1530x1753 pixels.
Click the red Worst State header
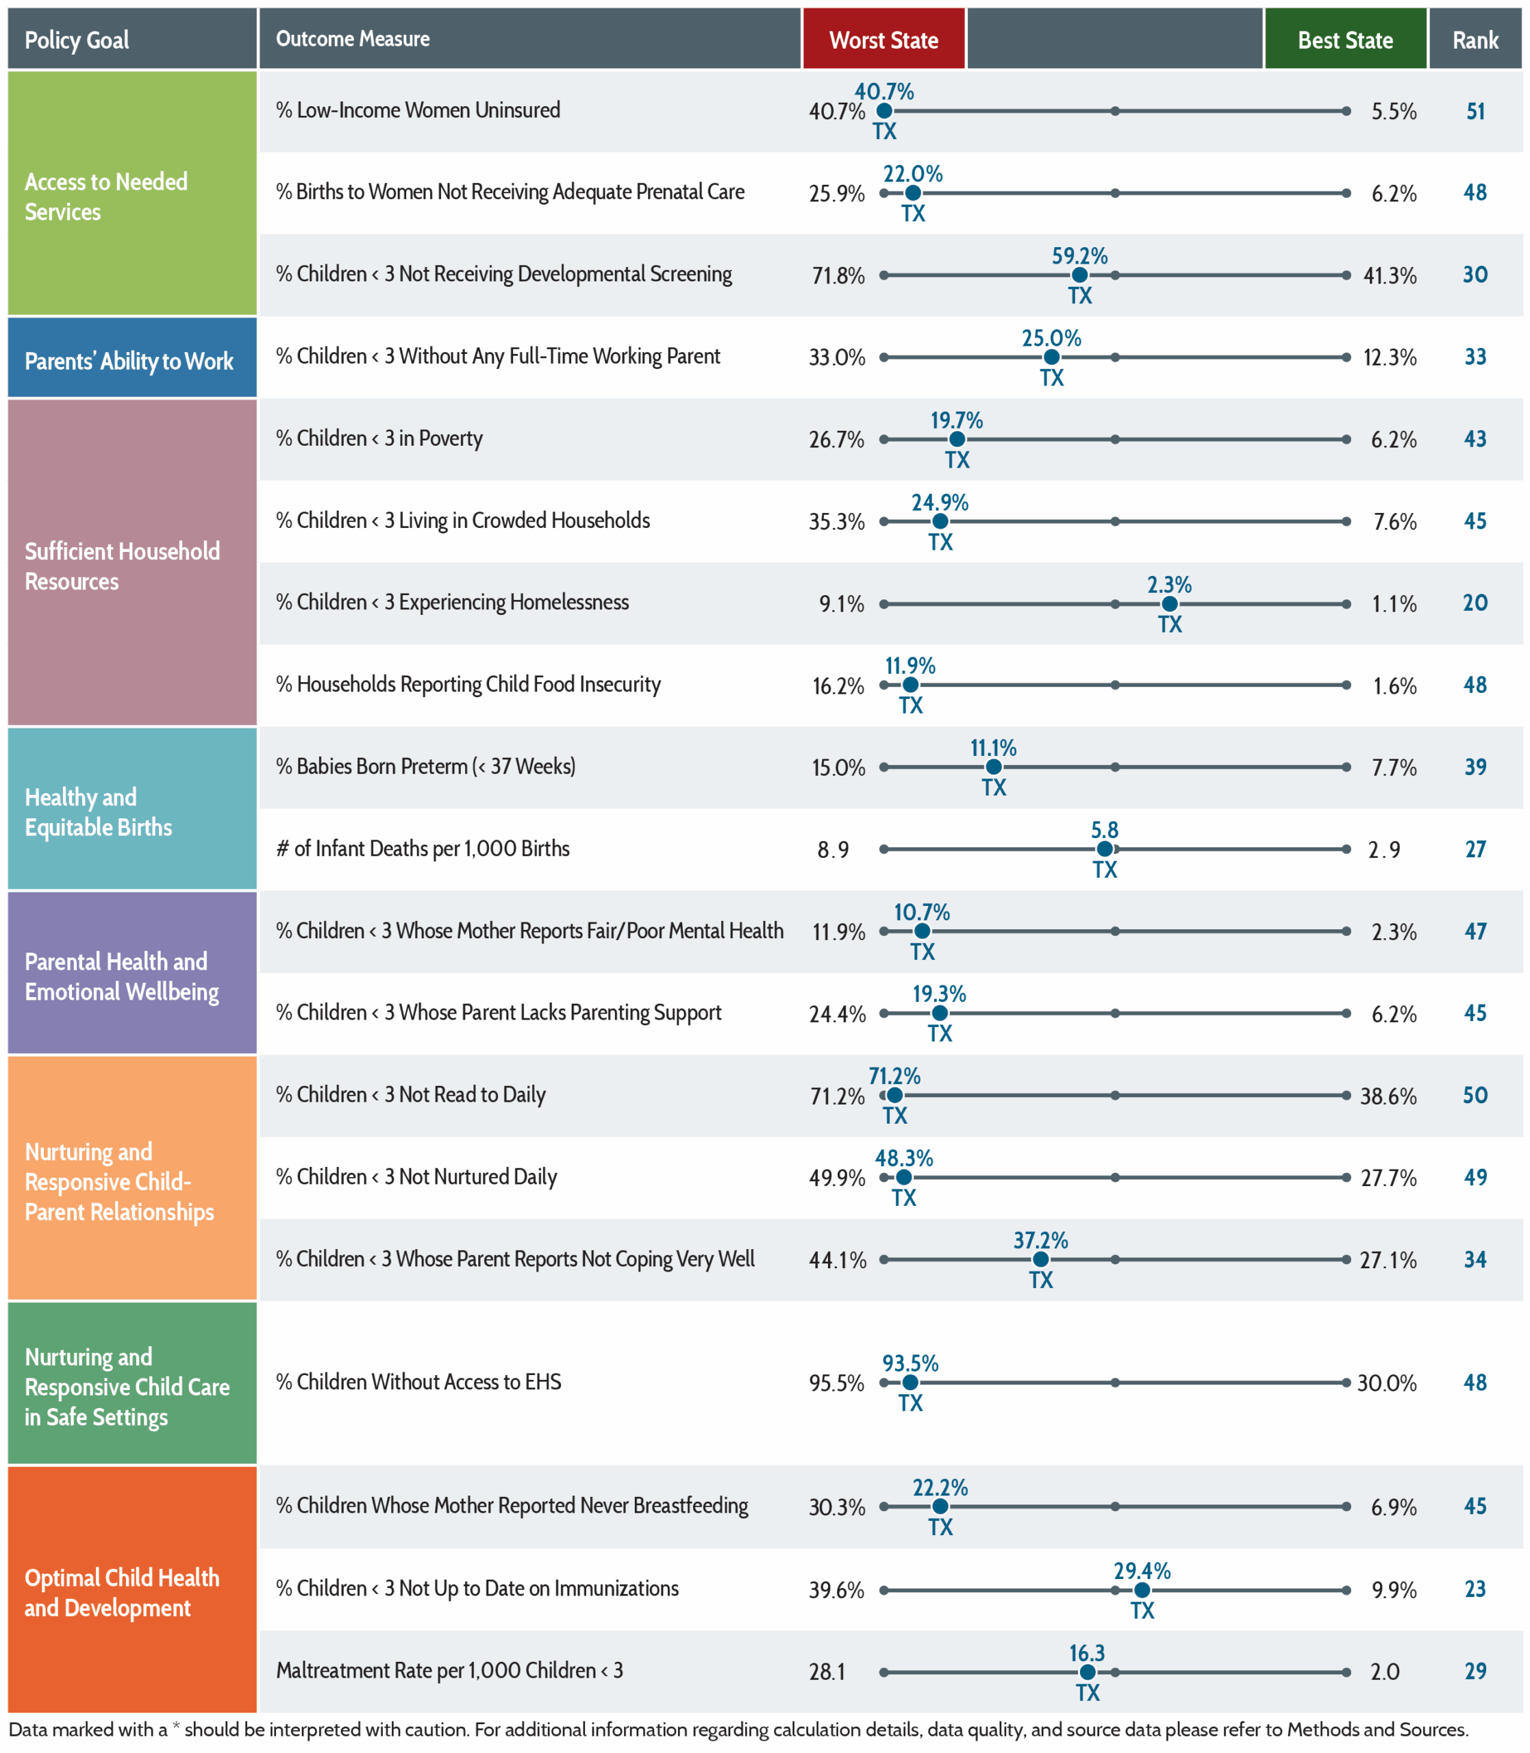[883, 39]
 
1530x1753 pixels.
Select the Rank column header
[1475, 39]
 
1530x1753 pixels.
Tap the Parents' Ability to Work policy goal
[129, 361]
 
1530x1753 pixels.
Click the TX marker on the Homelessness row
[1170, 603]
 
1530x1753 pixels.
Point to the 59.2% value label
[1079, 256]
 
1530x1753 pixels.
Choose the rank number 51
[1475, 111]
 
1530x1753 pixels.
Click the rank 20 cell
[1475, 603]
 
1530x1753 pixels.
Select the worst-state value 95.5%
[837, 1383]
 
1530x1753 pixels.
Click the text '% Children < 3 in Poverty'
[379, 439]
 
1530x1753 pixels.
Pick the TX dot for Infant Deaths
[1105, 849]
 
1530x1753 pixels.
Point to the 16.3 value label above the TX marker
[1087, 1653]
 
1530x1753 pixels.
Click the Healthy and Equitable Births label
[98, 811]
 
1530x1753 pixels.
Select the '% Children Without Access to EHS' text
[418, 1382]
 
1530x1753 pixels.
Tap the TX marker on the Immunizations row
[1142, 1590]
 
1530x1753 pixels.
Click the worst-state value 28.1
[827, 1671]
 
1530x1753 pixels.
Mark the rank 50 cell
[1475, 1095]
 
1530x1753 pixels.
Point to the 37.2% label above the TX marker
[1041, 1240]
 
